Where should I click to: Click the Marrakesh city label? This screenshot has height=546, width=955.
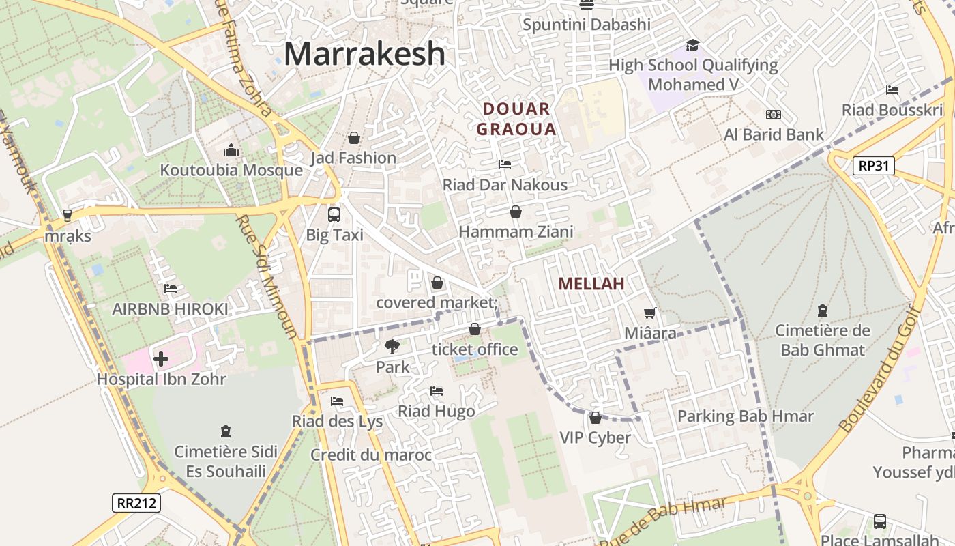[x=364, y=54]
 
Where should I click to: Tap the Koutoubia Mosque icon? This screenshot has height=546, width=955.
[x=231, y=150]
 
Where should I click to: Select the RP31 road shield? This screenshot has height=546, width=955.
[x=873, y=166]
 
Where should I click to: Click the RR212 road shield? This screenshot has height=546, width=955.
[x=136, y=504]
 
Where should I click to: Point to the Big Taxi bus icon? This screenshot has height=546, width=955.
[x=334, y=215]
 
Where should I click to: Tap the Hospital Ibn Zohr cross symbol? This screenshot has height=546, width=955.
[x=161, y=358]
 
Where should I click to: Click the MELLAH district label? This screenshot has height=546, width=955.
[x=591, y=284]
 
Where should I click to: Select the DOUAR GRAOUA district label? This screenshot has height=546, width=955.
[x=516, y=119]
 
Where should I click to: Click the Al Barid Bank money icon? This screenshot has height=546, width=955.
[x=774, y=115]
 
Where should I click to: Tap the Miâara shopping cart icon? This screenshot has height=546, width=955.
[x=650, y=313]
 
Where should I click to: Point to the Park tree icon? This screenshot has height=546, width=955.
[x=392, y=347]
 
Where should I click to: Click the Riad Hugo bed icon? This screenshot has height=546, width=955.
[x=437, y=391]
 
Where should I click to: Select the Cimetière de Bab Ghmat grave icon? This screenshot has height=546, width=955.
[x=823, y=311]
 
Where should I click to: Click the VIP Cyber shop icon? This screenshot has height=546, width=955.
[x=596, y=418]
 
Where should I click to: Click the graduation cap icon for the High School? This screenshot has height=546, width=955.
[x=693, y=45]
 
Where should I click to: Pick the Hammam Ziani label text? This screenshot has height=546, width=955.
[x=516, y=232]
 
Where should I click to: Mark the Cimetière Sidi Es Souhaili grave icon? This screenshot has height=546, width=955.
[x=226, y=431]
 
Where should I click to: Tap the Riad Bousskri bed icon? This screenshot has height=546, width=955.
[x=892, y=90]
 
